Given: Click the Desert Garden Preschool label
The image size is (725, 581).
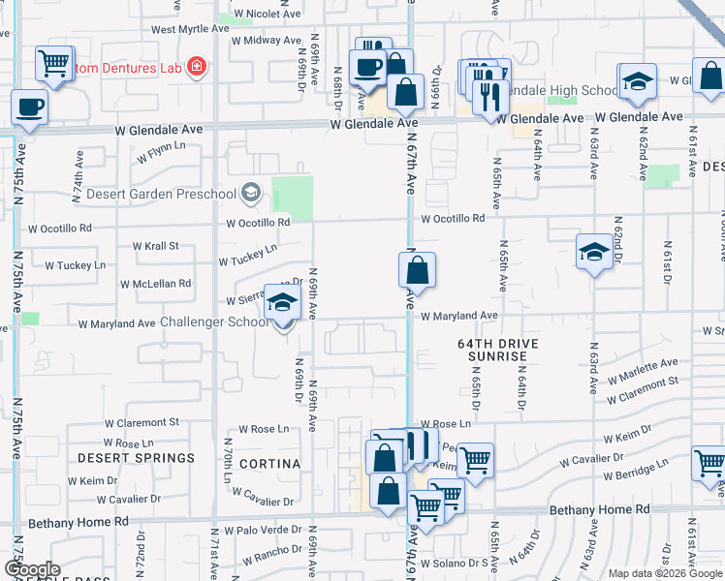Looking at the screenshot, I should click(161, 193).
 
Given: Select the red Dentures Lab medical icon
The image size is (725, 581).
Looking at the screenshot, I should click(197, 65).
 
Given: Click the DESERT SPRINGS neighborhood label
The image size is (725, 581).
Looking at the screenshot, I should click(136, 457).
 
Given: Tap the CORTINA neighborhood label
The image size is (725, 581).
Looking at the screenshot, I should click(270, 464).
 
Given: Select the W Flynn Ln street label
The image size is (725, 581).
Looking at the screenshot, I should click(161, 152).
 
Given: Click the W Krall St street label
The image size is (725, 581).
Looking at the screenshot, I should click(155, 246).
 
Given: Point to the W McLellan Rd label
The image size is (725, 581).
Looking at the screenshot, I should click(155, 284).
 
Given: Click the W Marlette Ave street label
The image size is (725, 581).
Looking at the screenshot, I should click(643, 368).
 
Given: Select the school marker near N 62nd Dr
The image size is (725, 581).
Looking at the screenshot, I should click(593, 254).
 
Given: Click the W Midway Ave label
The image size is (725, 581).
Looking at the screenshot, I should click(265, 40).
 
